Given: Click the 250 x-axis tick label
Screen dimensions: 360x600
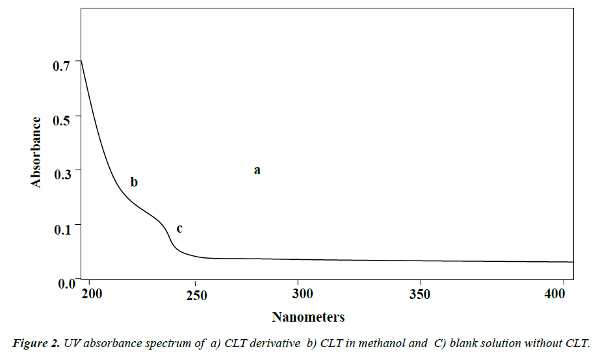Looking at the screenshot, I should [x=196, y=295].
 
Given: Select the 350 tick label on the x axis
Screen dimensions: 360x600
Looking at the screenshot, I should [x=420, y=294].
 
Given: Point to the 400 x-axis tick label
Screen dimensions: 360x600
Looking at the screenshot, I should [x=554, y=294].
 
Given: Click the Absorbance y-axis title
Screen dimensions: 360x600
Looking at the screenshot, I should [x=36, y=152].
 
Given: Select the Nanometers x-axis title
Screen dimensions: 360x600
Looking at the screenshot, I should [x=308, y=317].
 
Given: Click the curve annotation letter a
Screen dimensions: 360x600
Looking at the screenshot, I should [x=257, y=170].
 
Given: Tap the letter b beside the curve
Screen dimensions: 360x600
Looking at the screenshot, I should [x=134, y=182].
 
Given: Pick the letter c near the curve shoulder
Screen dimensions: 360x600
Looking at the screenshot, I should [x=179, y=229].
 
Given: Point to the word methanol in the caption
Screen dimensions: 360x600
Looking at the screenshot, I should [x=384, y=343].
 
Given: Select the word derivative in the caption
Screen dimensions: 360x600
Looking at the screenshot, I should [x=273, y=343].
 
